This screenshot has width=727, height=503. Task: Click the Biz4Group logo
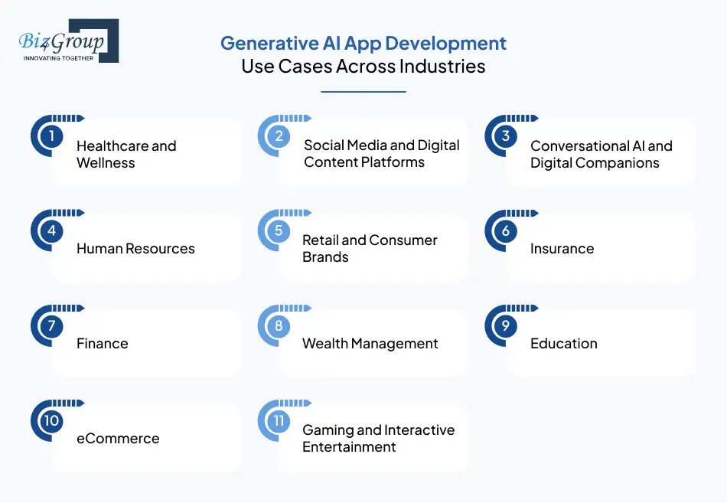coord(67,41)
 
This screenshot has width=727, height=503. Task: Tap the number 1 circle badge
coord(51,137)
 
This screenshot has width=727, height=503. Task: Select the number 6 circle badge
coord(505,231)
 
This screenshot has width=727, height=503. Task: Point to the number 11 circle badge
coord(279,421)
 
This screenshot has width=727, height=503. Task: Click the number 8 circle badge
coord(279,326)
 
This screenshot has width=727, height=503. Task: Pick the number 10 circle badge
coord(51,421)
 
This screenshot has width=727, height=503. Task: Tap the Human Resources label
coord(135,248)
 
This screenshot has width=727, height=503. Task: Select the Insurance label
coord(562,248)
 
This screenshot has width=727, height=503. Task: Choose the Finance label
coord(102,343)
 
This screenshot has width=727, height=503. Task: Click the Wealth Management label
coord(370,343)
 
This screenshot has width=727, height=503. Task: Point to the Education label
coord(563,343)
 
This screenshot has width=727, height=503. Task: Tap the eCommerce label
coord(118,438)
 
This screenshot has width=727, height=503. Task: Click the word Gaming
coord(328,430)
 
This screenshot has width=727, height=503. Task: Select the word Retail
coord(320,240)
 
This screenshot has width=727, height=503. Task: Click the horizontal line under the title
coord(363,92)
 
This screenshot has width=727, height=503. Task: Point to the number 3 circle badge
coord(505,136)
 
